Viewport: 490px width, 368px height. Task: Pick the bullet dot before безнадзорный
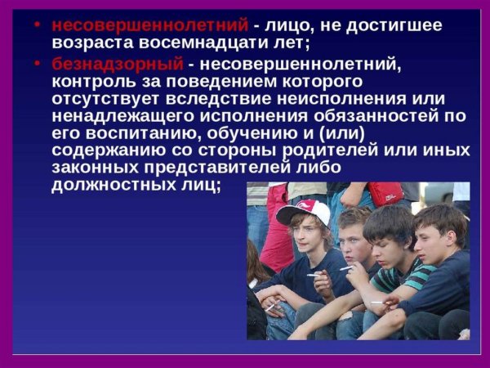coord(39,63)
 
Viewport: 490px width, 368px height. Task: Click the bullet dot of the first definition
coord(39,25)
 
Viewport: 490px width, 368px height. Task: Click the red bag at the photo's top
coord(385,193)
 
